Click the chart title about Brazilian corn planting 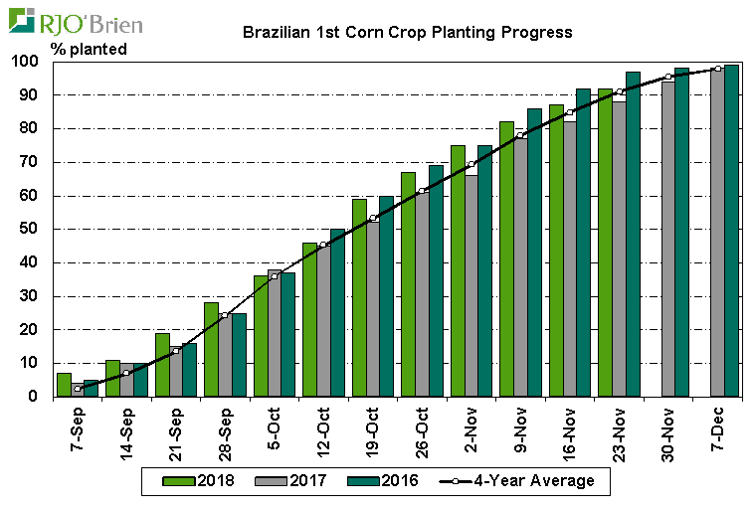408,32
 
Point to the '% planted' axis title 89,49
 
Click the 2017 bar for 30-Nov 667,239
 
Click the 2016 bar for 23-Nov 633,234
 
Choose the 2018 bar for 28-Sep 211,349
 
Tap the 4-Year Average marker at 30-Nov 667,77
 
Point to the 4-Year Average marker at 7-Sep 78,389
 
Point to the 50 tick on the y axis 29,230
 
